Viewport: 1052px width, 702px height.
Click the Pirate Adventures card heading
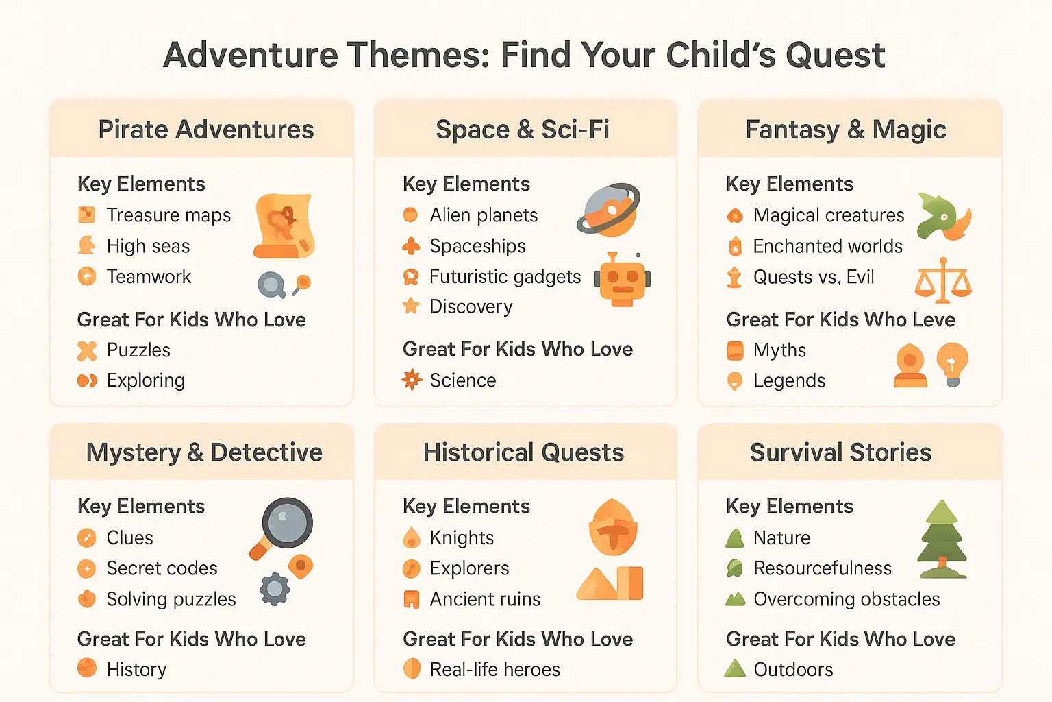pyautogui.click(x=205, y=130)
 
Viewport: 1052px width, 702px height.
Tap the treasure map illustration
pyautogui.click(x=284, y=226)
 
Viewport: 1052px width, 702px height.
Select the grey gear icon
pyautogui.click(x=275, y=588)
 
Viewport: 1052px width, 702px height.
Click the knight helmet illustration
pyautogui.click(x=613, y=526)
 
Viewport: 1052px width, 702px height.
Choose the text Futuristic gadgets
pyautogui.click(x=505, y=277)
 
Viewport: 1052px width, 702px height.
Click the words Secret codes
pyautogui.click(x=162, y=568)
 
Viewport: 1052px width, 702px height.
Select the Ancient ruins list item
pyautogui.click(x=485, y=599)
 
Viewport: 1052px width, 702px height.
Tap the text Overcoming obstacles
pyautogui.click(x=847, y=599)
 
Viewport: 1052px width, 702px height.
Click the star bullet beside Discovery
pyautogui.click(x=411, y=306)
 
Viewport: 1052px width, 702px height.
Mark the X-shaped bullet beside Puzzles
pyautogui.click(x=87, y=350)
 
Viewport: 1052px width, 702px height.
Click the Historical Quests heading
pyautogui.click(x=523, y=452)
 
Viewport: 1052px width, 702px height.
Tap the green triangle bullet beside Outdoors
pyautogui.click(x=735, y=668)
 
